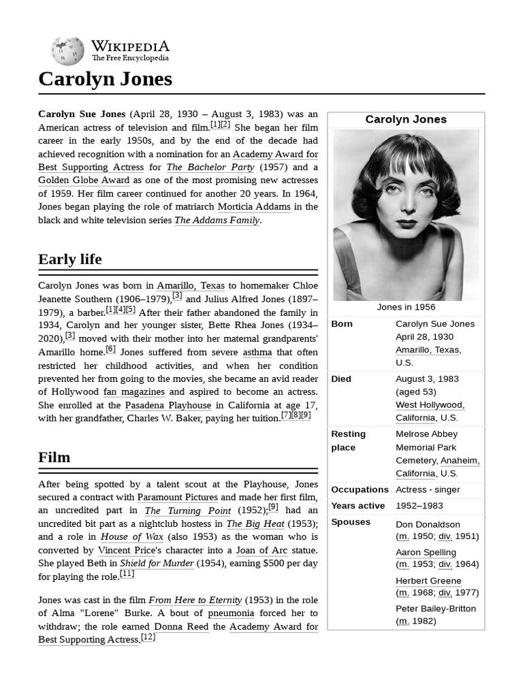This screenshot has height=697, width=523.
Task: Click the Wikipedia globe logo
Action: click(67, 52)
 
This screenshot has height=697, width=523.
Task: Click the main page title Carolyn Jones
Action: click(105, 79)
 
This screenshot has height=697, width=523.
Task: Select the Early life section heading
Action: click(70, 259)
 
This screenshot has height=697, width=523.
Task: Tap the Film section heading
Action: click(54, 457)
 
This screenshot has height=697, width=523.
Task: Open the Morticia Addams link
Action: click(254, 207)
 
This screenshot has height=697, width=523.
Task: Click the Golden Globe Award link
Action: click(84, 180)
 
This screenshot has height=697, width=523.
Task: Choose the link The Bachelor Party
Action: click(210, 167)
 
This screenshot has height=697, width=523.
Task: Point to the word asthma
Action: click(257, 353)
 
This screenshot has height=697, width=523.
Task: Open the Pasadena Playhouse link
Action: click(168, 405)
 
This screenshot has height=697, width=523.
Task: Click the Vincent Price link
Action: click(125, 550)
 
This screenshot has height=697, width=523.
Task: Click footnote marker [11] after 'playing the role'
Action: click(127, 574)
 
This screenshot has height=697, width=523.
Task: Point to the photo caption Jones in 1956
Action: click(406, 307)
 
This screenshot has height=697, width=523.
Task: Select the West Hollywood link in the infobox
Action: click(430, 405)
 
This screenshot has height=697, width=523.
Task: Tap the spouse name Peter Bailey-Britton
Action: click(436, 609)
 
